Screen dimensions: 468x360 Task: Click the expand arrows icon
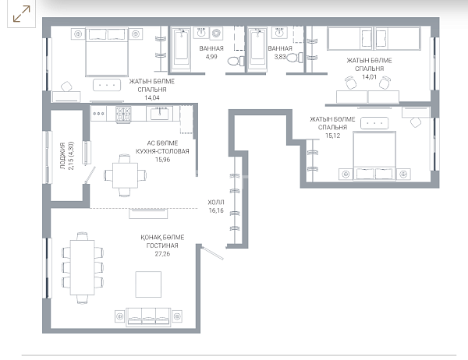[22, 14]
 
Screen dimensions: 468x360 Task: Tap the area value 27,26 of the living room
[162, 254]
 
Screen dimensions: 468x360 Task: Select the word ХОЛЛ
[216, 203]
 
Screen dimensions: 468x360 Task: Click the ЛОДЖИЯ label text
[62, 156]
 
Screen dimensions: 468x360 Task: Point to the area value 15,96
[163, 160]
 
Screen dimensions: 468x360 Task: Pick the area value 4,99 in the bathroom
[211, 57]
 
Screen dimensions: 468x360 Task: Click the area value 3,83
[280, 57]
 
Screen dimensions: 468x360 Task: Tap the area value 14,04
[152, 97]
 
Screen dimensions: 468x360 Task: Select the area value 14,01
[369, 76]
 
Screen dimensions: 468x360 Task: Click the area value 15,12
[332, 136]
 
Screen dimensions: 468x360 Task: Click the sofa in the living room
[149, 316]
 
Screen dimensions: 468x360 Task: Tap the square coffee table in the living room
[148, 284]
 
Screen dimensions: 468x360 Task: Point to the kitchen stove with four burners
[123, 115]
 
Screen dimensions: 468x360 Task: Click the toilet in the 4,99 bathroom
[236, 61]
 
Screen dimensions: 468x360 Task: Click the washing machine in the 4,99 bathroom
[216, 33]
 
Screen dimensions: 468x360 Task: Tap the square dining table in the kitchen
[125, 175]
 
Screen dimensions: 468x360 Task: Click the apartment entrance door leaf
[212, 252]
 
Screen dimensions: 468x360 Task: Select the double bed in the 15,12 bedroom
[374, 156]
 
